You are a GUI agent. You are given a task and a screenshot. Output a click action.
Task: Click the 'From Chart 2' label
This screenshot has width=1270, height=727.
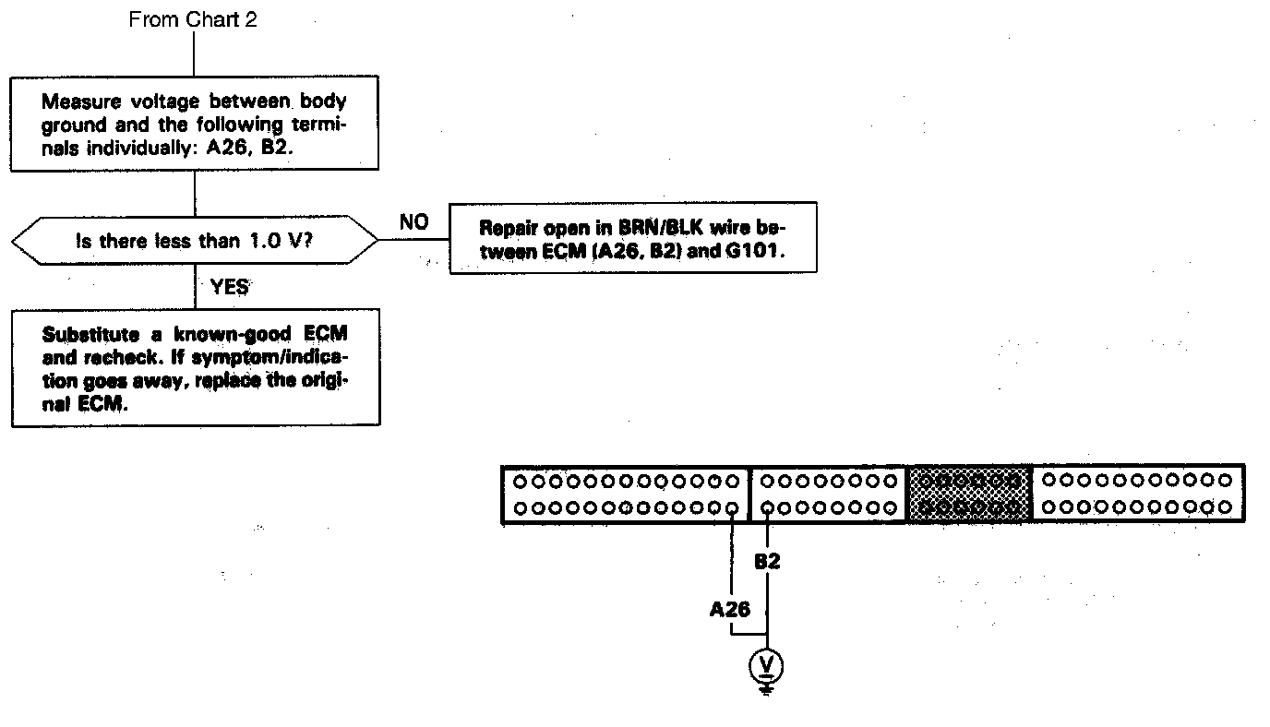(x=193, y=20)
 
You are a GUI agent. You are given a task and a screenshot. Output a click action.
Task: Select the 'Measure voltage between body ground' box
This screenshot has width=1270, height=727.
(x=195, y=125)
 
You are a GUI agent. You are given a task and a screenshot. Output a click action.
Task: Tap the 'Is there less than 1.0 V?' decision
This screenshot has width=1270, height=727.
(x=195, y=241)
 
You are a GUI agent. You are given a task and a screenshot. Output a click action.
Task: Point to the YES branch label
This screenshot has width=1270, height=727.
(x=229, y=287)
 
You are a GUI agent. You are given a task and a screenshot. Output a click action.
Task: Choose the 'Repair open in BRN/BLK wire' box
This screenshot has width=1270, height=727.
(x=632, y=238)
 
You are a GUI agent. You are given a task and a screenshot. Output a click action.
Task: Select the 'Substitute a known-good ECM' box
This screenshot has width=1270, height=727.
(x=195, y=368)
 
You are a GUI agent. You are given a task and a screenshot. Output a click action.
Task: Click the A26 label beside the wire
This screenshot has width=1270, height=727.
(x=729, y=609)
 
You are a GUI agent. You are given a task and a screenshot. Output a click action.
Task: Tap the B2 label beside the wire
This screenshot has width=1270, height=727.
(x=767, y=561)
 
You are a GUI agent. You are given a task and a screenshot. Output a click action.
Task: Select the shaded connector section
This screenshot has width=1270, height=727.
(x=969, y=494)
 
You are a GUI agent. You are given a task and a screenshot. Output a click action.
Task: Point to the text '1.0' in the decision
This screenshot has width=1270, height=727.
(x=266, y=241)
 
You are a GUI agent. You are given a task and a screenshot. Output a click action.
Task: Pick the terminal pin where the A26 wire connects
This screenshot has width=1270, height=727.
(x=731, y=507)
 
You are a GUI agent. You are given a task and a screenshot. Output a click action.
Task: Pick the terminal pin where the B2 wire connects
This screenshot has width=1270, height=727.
(x=767, y=507)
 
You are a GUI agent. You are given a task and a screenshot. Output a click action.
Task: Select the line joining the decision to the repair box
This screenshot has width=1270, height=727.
(x=413, y=239)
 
